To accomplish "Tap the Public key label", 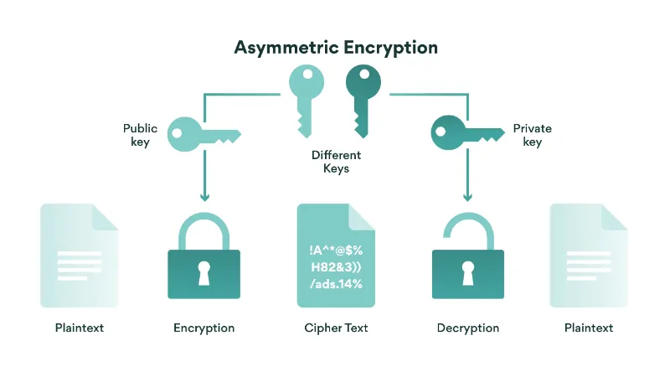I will tap(140, 135).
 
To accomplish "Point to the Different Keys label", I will tap(335, 162).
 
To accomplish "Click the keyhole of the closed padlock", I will tap(204, 272).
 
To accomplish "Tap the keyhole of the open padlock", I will tap(467, 272).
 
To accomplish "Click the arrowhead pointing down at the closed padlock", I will tap(204, 197).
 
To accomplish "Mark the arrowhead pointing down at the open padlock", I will tap(467, 197).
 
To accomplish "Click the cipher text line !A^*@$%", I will tap(335, 250).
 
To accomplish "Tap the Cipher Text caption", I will tap(335, 328).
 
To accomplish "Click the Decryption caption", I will tap(467, 328).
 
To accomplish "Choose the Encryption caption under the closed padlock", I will tap(204, 328).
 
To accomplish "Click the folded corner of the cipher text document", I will tap(362, 216).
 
